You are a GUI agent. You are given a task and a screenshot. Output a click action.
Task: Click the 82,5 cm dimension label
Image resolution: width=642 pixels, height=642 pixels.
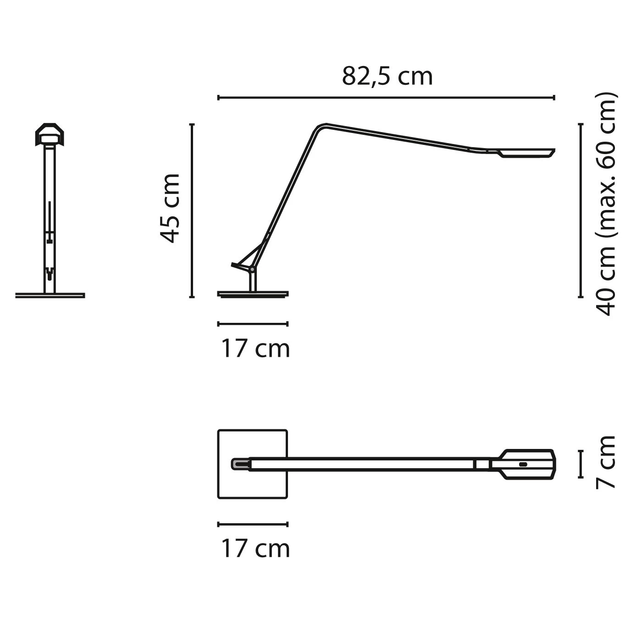point(387,77)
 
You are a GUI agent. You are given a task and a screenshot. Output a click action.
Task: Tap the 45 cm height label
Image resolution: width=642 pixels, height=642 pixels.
point(170,208)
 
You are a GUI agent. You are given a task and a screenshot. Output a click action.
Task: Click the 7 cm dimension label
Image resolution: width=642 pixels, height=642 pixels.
point(606,462)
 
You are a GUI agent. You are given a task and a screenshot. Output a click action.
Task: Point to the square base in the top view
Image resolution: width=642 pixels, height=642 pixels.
point(253,464)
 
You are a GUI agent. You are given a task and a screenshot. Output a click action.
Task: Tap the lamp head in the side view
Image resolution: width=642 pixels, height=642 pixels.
point(521,153)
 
